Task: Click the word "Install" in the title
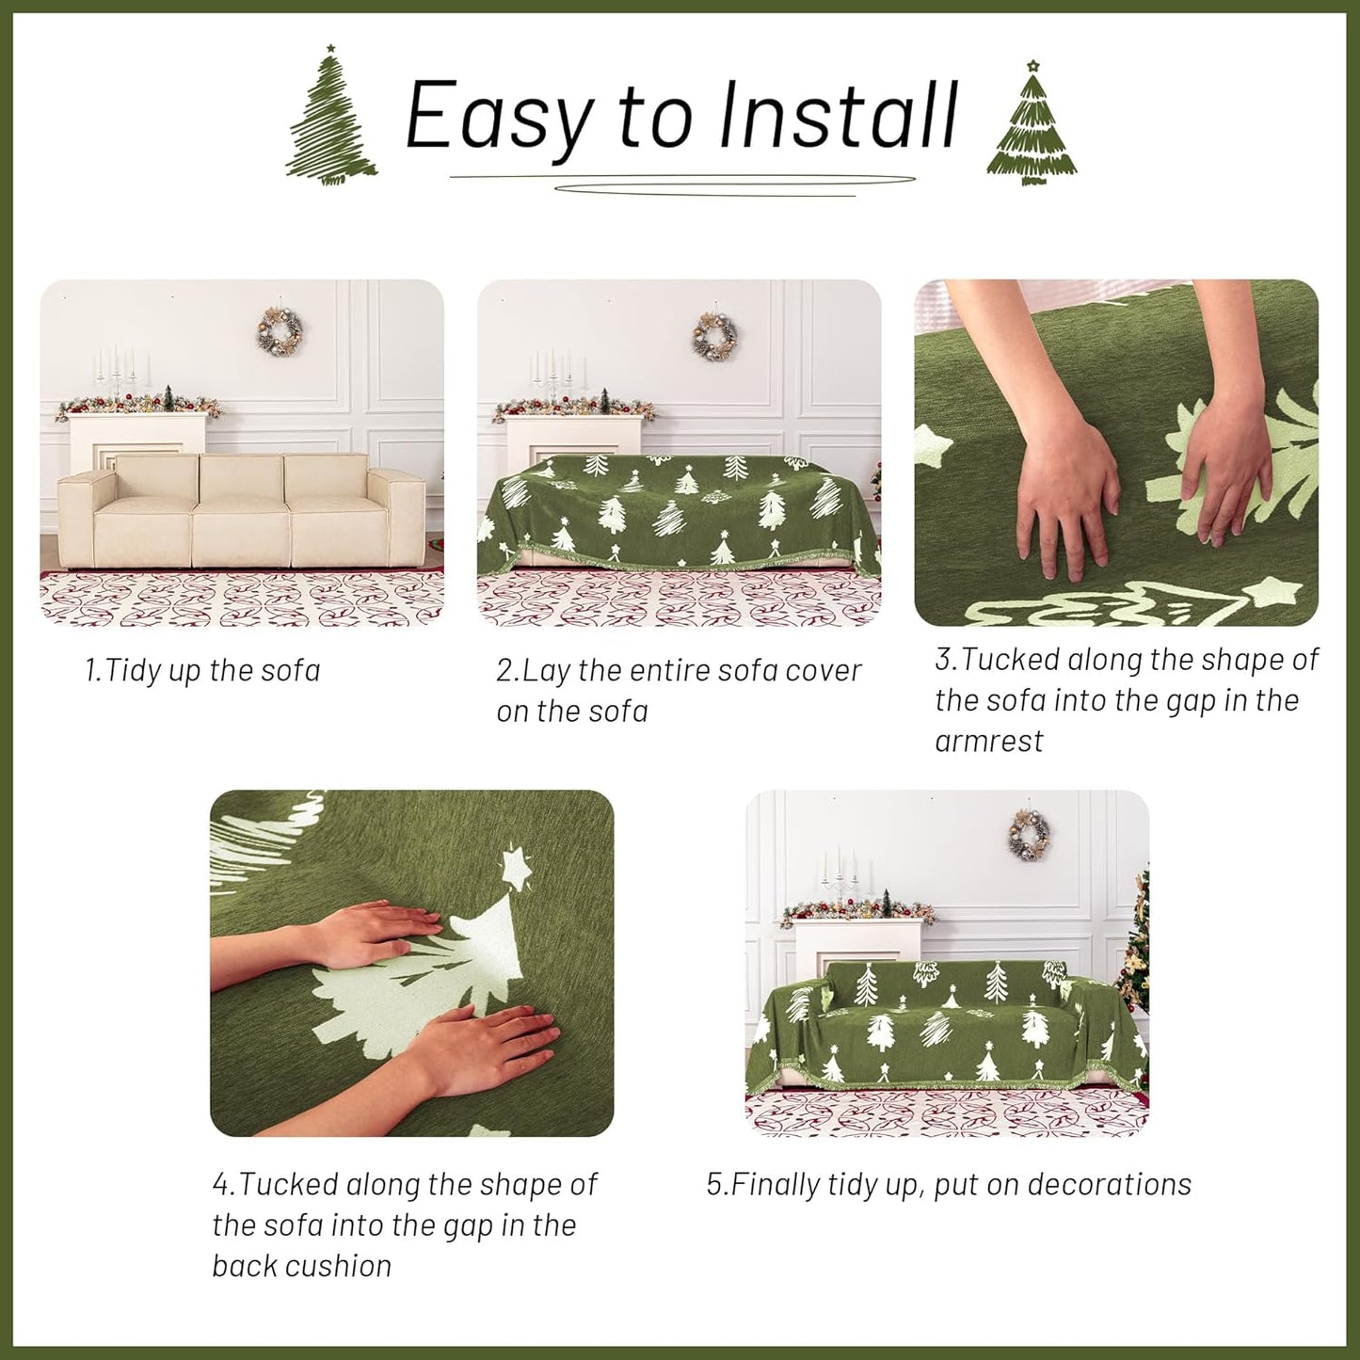[x=838, y=116]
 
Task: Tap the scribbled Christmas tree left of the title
[x=330, y=117]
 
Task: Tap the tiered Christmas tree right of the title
[x=1032, y=123]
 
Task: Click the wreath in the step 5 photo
[x=1029, y=834]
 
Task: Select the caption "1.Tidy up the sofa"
[x=202, y=671]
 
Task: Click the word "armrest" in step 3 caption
[x=988, y=742]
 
